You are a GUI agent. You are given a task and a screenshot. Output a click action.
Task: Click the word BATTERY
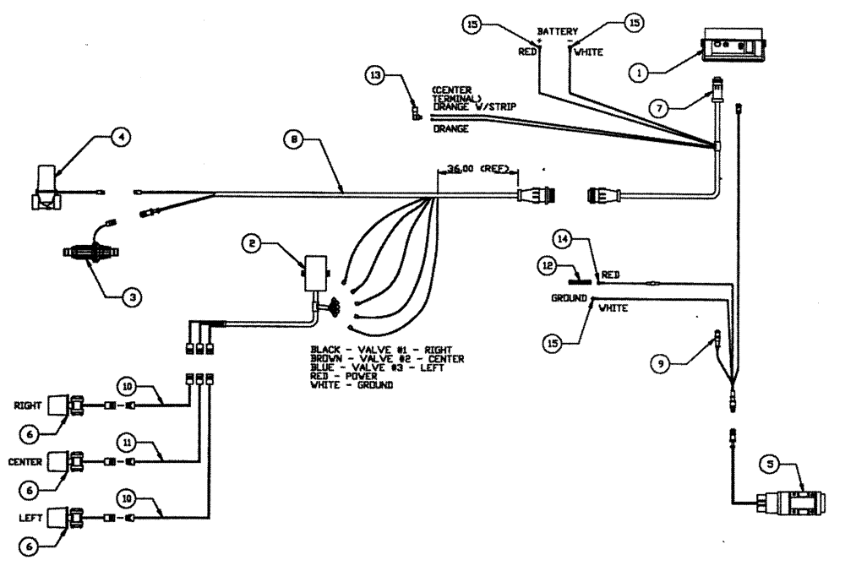(558, 31)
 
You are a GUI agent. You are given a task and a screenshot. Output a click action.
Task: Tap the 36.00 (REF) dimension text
(477, 168)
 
